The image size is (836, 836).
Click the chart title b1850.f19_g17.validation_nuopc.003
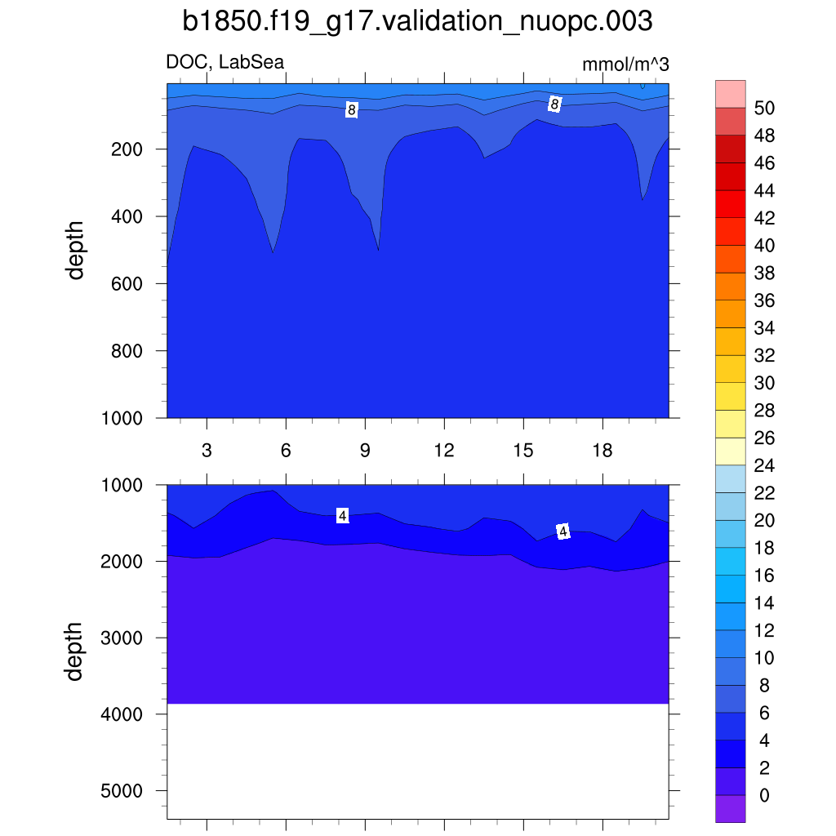point(417,22)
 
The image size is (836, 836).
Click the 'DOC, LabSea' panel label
point(225,62)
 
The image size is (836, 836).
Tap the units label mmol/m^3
point(625,64)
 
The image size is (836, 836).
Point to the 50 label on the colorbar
point(765,109)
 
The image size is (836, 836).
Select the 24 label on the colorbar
point(765,466)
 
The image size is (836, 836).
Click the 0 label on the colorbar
point(763,796)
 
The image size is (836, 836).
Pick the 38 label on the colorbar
point(765,273)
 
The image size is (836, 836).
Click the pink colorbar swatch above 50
point(730,94)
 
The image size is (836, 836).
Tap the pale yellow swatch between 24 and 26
point(730,451)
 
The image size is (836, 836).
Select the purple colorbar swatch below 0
point(730,809)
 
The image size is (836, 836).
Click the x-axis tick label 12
point(444,451)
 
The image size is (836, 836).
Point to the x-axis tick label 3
point(207,451)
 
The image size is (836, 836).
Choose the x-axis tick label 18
point(603,451)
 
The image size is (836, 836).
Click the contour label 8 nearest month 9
point(351,109)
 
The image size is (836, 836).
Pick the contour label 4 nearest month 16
point(563,531)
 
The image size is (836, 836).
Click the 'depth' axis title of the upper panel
point(76,251)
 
